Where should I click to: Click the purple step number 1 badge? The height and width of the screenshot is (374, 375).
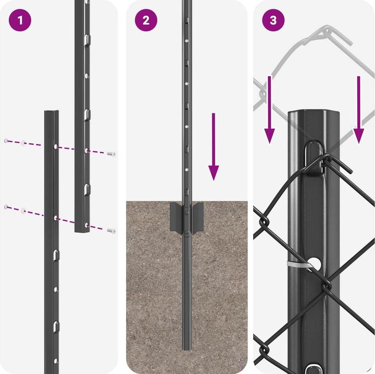point(20,20)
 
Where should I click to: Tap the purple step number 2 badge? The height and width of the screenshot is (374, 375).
point(146,20)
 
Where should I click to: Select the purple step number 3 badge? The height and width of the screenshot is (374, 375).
point(273,20)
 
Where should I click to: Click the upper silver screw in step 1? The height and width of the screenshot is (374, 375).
point(111,154)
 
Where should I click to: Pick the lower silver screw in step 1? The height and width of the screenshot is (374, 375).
point(111,230)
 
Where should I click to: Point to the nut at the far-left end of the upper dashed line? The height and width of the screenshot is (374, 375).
point(6,141)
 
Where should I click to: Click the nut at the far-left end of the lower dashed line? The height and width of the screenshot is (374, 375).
point(6,207)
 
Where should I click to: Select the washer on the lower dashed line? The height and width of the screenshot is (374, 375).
point(24,211)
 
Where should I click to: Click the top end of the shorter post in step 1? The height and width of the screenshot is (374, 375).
point(51,113)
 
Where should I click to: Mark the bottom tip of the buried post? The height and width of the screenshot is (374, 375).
point(186,348)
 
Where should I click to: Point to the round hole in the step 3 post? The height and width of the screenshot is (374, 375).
point(315,262)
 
